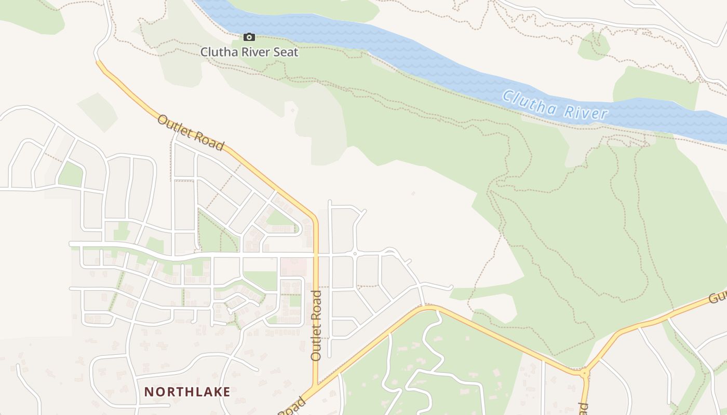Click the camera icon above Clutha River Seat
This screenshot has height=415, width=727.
click(x=249, y=37)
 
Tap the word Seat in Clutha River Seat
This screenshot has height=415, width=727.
click(x=286, y=52)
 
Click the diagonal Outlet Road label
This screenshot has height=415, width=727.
click(x=191, y=133)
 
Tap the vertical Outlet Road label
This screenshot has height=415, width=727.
click(x=316, y=326)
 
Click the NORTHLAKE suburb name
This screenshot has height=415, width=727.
click(x=187, y=392)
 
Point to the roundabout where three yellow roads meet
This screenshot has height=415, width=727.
click(x=585, y=372)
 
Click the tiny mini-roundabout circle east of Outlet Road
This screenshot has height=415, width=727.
click(x=355, y=254)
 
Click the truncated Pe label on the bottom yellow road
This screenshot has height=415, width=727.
click(x=583, y=407)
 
